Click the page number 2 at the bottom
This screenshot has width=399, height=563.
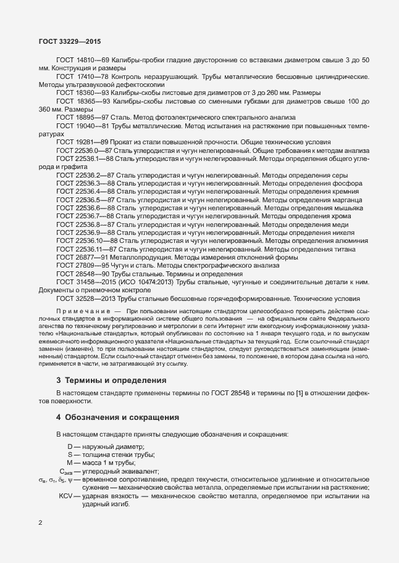click(40, 524)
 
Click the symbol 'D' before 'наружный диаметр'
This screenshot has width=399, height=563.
click(70, 446)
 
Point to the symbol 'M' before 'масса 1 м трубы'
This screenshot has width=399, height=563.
click(70, 462)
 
